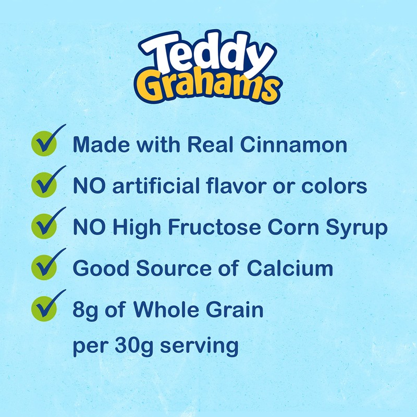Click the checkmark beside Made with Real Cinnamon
(x=45, y=142)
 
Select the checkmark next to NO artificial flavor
(x=45, y=184)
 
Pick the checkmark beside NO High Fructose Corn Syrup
(x=45, y=226)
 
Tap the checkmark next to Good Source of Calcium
(x=45, y=267)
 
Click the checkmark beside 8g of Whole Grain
(x=45, y=308)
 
